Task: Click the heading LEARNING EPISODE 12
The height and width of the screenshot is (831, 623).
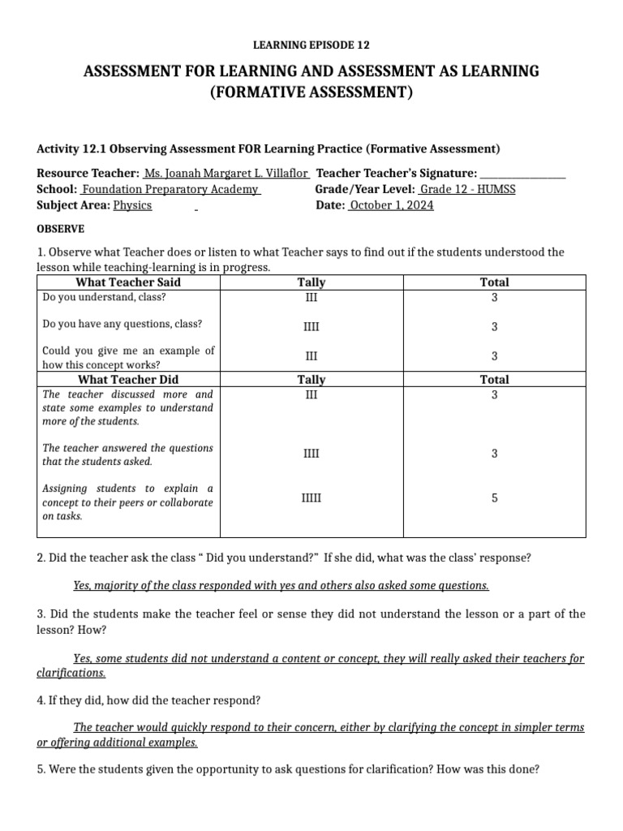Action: click(x=311, y=45)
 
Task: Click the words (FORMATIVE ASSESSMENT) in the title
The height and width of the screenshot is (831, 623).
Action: click(x=311, y=93)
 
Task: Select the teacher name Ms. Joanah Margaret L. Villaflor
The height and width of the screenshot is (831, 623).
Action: click(x=226, y=174)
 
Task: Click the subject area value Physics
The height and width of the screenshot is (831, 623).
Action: click(x=132, y=205)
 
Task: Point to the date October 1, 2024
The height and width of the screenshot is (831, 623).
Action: click(x=390, y=205)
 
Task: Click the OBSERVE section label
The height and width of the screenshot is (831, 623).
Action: click(x=61, y=229)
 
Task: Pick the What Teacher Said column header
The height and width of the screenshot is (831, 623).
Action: click(x=128, y=282)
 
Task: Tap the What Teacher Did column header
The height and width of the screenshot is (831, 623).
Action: click(x=128, y=379)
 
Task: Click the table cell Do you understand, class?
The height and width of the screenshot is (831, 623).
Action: click(x=104, y=297)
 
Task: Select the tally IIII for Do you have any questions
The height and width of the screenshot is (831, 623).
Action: click(x=311, y=327)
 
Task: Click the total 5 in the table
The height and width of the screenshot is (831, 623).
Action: click(x=494, y=498)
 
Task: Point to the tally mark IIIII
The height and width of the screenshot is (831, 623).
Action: click(x=311, y=498)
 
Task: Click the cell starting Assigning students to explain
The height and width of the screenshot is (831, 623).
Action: click(x=127, y=502)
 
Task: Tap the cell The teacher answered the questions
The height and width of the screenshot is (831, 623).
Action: click(x=127, y=454)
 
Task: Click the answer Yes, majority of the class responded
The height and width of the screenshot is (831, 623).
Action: click(x=281, y=585)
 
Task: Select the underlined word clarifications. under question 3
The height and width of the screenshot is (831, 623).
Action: click(x=71, y=673)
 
